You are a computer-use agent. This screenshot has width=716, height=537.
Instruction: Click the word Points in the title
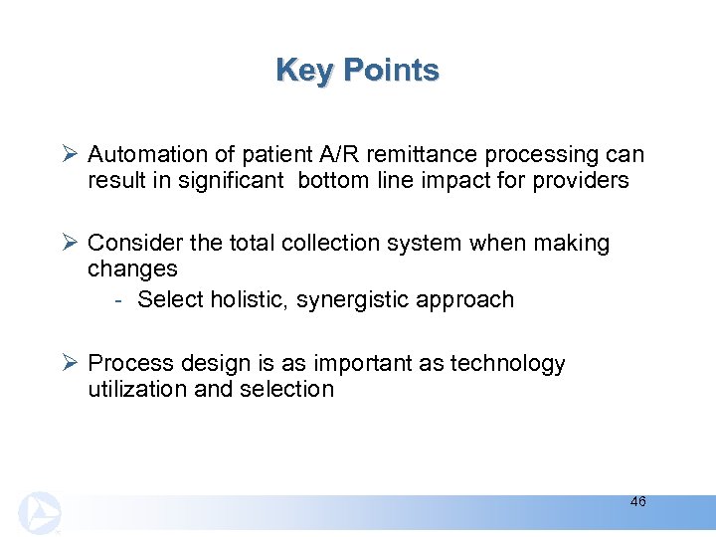point(391,71)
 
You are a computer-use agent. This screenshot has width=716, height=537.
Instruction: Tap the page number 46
point(637,502)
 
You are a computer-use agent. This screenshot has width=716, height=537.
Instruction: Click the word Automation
point(145,155)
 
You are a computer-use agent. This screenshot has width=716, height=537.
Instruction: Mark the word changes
point(132,269)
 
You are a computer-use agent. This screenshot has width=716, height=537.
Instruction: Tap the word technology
point(507,364)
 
